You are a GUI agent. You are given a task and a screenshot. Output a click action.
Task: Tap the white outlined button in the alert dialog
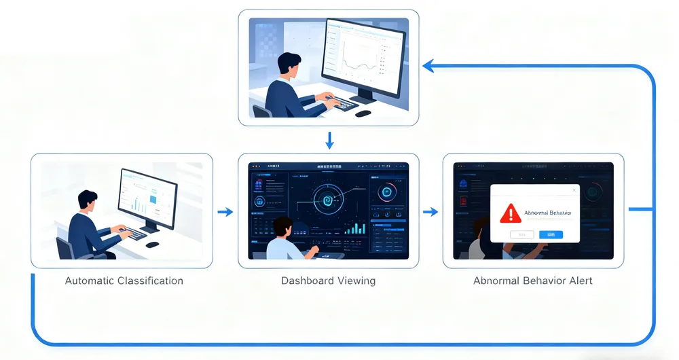522,234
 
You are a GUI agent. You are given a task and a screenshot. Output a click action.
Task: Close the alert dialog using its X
573,191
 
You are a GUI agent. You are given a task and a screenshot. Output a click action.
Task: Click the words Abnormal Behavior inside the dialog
548,213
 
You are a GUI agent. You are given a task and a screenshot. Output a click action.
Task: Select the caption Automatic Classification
124,281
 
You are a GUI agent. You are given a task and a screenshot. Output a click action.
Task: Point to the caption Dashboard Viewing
328,281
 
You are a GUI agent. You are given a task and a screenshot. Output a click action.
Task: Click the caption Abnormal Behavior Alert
532,281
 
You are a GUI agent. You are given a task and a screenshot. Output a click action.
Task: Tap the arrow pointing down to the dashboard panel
329,141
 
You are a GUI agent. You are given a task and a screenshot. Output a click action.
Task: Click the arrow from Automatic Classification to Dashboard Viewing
225,212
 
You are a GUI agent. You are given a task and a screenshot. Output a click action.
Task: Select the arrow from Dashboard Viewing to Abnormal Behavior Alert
430,212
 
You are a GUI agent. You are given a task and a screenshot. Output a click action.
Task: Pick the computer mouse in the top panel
363,113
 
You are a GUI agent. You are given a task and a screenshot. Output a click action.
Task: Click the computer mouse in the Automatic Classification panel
153,244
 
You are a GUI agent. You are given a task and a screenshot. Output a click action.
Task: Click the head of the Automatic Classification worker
88,200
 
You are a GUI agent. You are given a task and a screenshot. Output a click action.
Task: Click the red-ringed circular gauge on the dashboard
387,192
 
